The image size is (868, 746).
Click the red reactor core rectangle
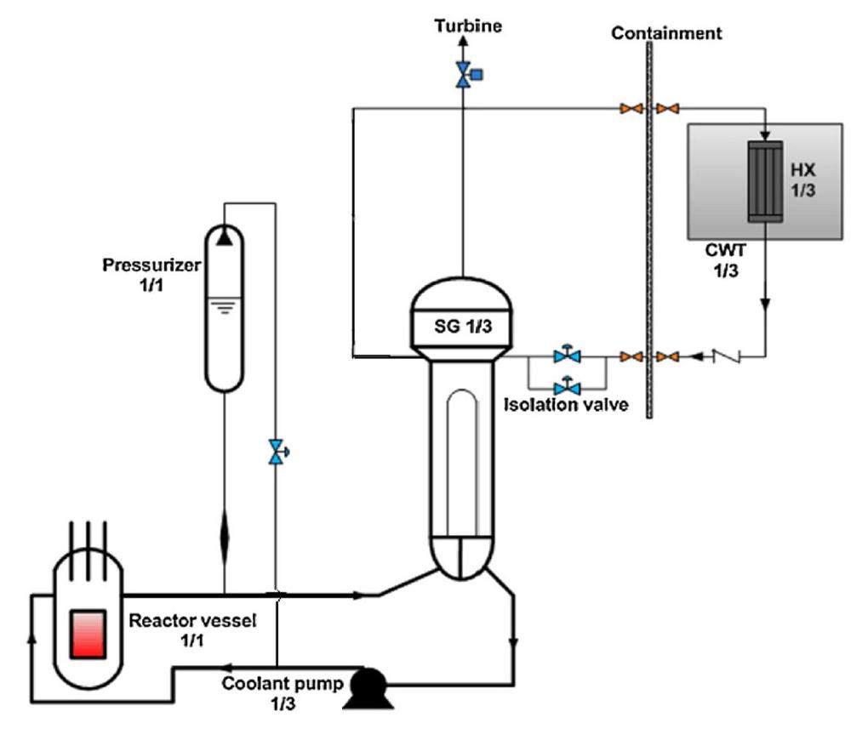coord(88,633)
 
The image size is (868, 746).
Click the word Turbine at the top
coord(467,26)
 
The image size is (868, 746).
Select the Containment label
coord(666,34)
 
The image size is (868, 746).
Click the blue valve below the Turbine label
coord(465,75)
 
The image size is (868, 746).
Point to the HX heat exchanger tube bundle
coord(765,182)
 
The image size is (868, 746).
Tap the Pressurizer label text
coord(151,265)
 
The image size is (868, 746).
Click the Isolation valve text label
coord(566,405)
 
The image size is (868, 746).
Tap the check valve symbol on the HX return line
coord(731,356)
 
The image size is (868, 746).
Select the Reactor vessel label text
coord(191,629)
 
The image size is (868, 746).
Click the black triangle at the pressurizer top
coord(224,236)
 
